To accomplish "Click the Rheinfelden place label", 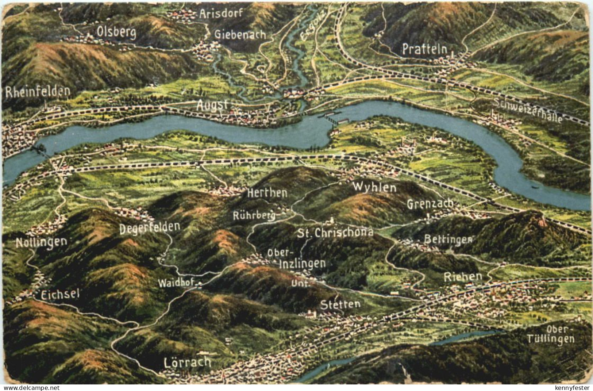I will click(38, 92).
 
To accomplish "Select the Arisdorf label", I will click(221, 14).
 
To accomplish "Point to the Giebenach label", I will click(240, 35).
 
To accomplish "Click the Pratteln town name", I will click(424, 49).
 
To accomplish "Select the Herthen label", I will click(267, 193).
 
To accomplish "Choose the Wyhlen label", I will click(374, 187).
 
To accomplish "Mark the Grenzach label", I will click(430, 204).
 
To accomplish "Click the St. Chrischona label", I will click(335, 232).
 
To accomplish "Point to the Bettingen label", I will click(448, 239).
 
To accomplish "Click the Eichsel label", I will click(60, 294).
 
